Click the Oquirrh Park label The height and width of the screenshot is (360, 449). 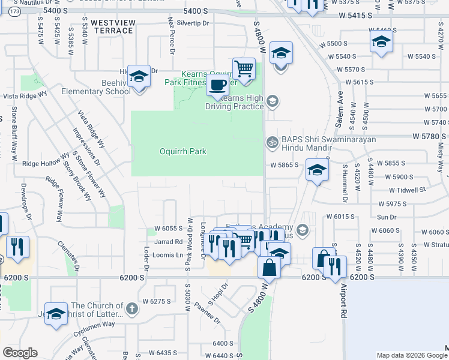pos(182,151)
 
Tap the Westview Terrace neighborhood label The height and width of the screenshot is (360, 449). pos(113,26)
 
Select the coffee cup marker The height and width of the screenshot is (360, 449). pos(218,85)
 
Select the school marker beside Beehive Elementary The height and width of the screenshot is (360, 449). pos(139,76)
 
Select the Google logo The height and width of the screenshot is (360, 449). pos(20,353)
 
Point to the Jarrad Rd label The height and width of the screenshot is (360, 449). pos(168,242)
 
